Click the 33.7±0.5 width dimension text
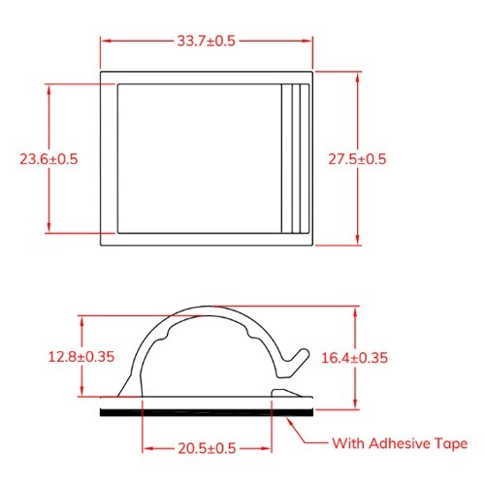click(207, 41)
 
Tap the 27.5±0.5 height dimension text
click(357, 158)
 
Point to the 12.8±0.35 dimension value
click(81, 356)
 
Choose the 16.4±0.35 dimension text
click(355, 357)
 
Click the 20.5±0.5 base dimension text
click(206, 449)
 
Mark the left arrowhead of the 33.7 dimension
click(106, 41)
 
